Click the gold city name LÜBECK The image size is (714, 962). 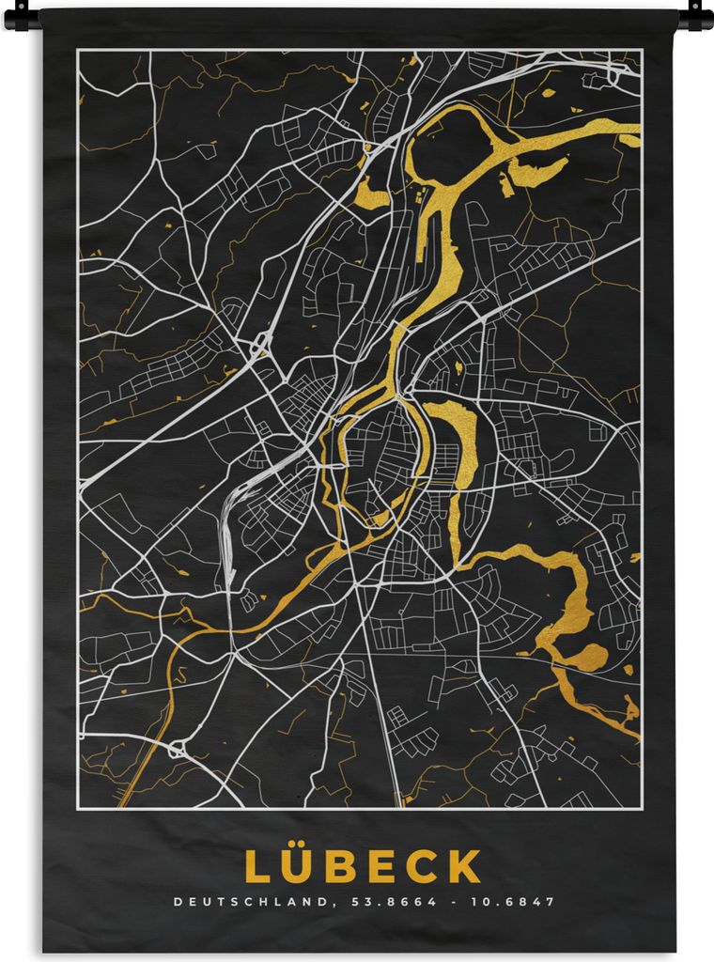pos(363,866)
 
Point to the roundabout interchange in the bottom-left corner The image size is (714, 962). pos(176,750)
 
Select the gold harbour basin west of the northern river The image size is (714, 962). pos(372,195)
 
